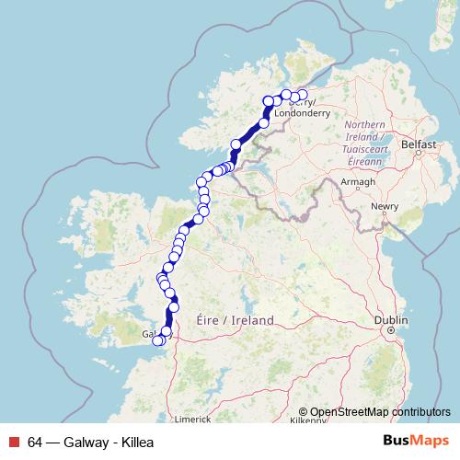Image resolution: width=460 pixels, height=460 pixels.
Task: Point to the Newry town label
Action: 384,207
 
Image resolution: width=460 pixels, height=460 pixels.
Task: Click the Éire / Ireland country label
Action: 236,320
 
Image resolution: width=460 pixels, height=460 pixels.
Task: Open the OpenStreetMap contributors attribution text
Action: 380,411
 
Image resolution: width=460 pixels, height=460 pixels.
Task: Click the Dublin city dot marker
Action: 391,329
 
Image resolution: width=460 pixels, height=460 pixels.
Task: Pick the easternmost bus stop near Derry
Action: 303,94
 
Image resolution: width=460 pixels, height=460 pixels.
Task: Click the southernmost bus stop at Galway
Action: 157,341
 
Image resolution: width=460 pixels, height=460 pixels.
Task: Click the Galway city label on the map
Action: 150,335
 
